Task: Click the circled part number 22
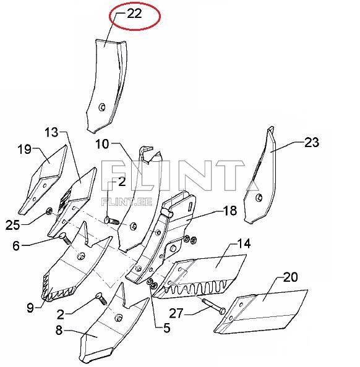click(134, 14)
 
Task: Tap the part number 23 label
click(312, 142)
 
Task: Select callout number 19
click(24, 149)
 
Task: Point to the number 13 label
click(51, 132)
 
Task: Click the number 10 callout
click(102, 144)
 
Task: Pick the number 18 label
click(230, 211)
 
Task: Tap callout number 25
click(12, 225)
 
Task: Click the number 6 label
click(16, 246)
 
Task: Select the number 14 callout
click(244, 243)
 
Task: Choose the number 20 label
click(291, 277)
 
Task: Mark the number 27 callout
click(176, 313)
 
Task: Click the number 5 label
click(166, 328)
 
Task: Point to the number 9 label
click(30, 308)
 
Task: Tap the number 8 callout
click(59, 331)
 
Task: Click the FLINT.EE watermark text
click(127, 202)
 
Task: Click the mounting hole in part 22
click(102, 108)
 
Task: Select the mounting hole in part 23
click(259, 198)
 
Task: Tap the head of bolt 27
click(222, 311)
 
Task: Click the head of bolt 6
click(62, 235)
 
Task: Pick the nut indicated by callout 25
click(49, 211)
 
